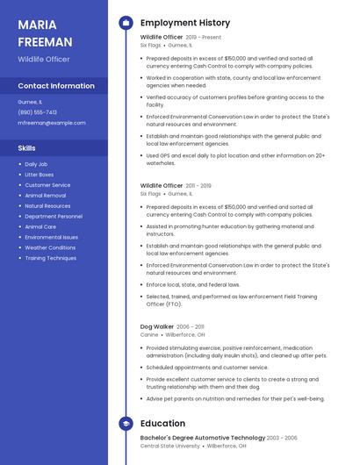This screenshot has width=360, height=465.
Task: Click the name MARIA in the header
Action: tap(37, 25)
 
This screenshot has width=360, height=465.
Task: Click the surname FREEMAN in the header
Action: tap(45, 41)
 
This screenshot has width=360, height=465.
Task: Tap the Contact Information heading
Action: tap(56, 86)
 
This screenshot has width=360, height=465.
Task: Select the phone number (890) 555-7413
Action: tap(37, 112)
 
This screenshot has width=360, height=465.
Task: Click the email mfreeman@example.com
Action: tap(52, 123)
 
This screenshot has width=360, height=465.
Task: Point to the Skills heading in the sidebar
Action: tap(26, 148)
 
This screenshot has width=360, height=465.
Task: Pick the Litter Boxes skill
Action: tap(40, 175)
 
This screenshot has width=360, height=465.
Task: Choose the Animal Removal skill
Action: tap(45, 196)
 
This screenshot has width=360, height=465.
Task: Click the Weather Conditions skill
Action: tap(50, 247)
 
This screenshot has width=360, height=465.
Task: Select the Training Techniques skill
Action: tap(50, 258)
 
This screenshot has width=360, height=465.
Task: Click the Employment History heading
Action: tap(185, 23)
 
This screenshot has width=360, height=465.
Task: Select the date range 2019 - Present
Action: tap(204, 38)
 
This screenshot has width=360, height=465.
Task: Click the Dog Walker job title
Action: tap(156, 326)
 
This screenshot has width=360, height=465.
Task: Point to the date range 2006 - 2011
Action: tap(191, 326)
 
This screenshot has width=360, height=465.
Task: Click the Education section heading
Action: tap(162, 423)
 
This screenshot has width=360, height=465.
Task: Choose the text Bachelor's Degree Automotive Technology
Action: tap(202, 437)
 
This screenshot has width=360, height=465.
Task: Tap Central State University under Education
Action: tap(170, 446)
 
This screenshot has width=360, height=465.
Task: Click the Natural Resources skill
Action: tap(47, 206)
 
